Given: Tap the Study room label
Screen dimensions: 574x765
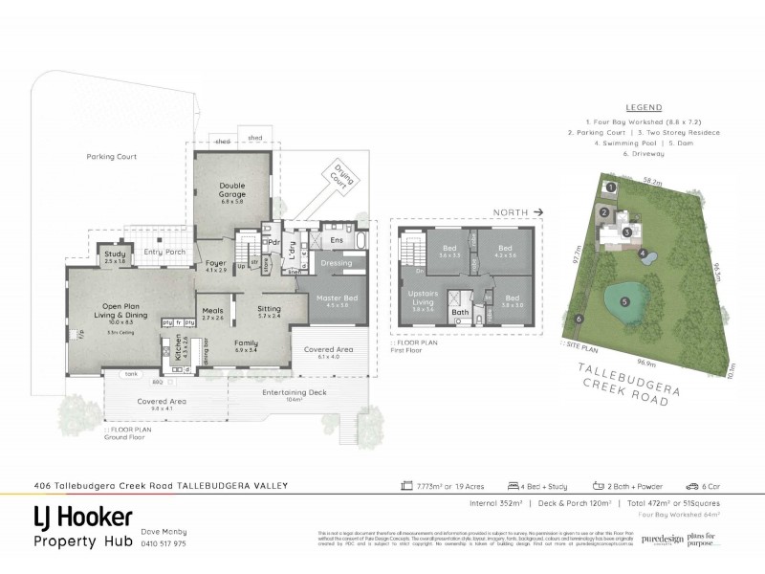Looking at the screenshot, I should pos(116,255).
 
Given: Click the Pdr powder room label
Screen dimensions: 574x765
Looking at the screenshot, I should pos(273,242).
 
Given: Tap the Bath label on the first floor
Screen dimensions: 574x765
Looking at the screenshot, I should pos(459,312).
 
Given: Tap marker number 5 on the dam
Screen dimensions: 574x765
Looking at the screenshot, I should pos(624,302).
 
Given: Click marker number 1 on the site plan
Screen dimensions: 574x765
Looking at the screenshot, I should pos(609,187).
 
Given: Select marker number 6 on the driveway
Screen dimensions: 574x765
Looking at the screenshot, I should pos(578,319).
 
